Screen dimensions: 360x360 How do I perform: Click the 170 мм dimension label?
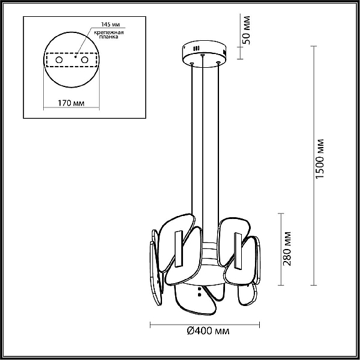pos(71,103)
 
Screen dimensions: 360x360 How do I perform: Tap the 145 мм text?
pos(110,24)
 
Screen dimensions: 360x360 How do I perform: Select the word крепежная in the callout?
pos(109,32)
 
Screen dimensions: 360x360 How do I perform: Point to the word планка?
pos(109,37)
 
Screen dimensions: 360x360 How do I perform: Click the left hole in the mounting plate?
pos(59,60)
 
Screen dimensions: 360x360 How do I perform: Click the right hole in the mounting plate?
pos(85,60)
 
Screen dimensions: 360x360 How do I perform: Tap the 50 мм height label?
pos(247,30)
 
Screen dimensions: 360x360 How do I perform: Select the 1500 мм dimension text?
pos(320,158)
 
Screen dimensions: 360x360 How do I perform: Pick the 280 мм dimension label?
pos(287,248)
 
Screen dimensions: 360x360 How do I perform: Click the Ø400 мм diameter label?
pos(208,331)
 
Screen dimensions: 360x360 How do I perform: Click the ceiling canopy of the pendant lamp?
pos(204,54)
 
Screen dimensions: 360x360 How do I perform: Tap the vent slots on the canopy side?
pos(196,49)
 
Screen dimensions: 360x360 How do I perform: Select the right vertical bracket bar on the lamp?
pos(238,251)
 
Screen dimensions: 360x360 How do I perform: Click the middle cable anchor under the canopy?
pos(202,55)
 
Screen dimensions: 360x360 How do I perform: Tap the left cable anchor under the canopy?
pos(192,64)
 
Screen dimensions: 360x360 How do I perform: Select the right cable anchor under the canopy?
pos(218,62)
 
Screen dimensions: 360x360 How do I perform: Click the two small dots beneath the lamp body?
pos(199,292)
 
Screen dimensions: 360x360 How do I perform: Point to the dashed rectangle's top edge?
pos(71,53)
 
